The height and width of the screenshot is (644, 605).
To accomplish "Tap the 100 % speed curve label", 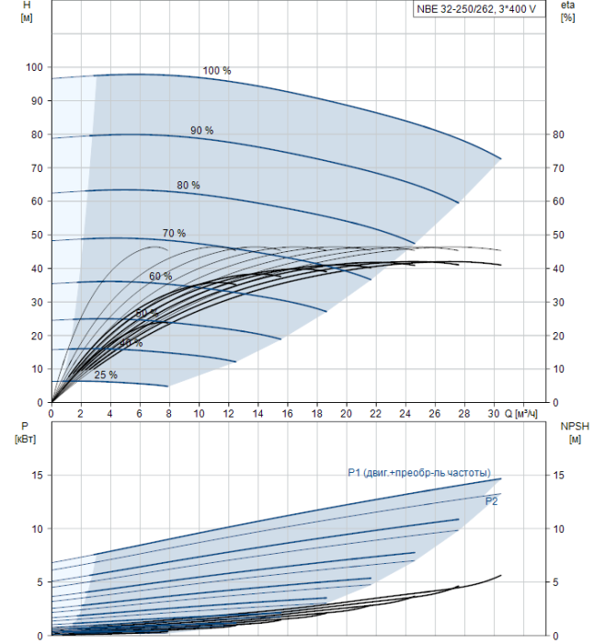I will pyautogui.click(x=217, y=71).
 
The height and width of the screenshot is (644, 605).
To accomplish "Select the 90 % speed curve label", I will pyautogui.click(x=202, y=131).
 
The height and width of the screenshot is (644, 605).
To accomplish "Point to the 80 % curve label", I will pyautogui.click(x=188, y=186).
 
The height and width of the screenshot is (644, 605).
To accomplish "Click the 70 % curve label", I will pyautogui.click(x=174, y=233).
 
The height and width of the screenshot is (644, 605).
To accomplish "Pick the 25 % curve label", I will pyautogui.click(x=106, y=374).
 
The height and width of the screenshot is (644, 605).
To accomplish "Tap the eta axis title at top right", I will pyautogui.click(x=567, y=12).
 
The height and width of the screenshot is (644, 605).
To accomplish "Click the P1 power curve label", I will pyautogui.click(x=419, y=473).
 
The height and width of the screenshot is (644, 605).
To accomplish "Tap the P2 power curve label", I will pyautogui.click(x=492, y=501).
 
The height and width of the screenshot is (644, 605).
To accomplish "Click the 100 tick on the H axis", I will pyautogui.click(x=35, y=67).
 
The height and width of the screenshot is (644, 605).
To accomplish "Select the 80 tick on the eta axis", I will pyautogui.click(x=557, y=134).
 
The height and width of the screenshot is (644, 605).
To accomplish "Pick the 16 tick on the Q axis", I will pyautogui.click(x=288, y=414).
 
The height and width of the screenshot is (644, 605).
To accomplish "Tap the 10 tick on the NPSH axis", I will pyautogui.click(x=557, y=528).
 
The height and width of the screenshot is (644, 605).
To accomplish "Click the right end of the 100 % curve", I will pyautogui.click(x=500, y=158).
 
